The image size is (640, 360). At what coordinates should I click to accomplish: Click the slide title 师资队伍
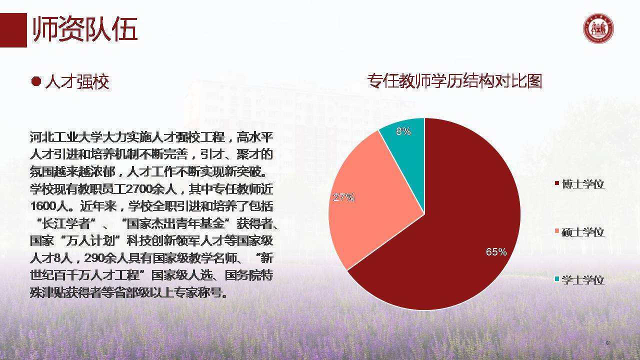[85, 30]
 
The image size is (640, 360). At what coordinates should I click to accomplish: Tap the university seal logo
[598, 29]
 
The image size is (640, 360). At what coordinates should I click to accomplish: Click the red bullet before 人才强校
[36, 81]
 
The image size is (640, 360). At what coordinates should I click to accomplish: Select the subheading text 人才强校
[77, 81]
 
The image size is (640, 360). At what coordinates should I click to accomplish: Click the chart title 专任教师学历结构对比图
[454, 81]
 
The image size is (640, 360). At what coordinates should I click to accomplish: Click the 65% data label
[496, 252]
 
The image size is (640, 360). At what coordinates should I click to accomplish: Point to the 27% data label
[343, 197]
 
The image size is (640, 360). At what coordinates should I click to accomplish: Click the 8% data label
[403, 131]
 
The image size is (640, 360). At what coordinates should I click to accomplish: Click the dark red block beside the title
[13, 30]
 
